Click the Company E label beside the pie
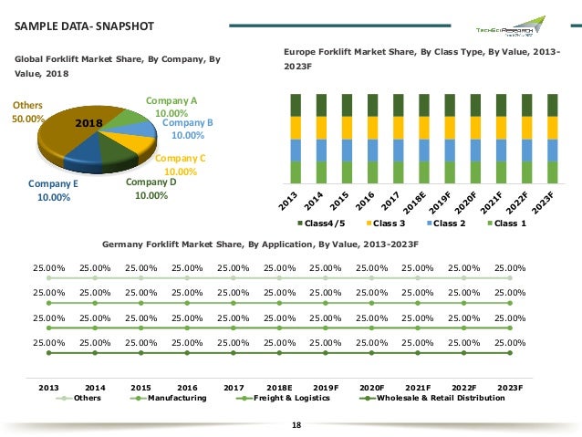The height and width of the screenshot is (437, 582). pyautogui.click(x=53, y=189)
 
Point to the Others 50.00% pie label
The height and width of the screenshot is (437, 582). pyautogui.click(x=27, y=112)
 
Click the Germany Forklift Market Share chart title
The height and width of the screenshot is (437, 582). pyautogui.click(x=260, y=245)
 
